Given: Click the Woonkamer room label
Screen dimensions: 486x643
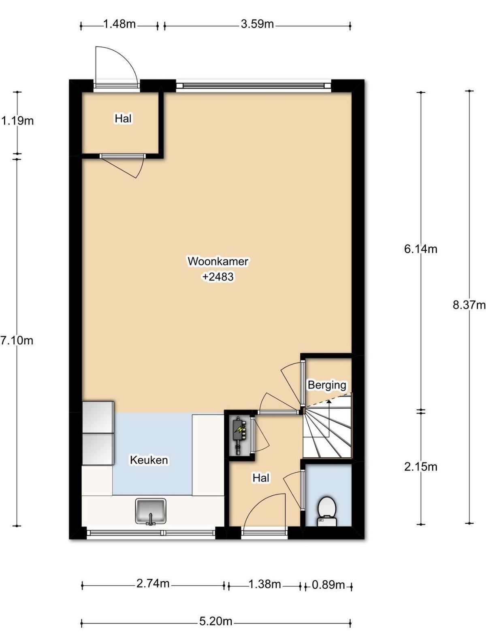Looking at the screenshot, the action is tap(218, 261).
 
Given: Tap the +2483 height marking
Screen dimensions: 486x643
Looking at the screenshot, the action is tap(218, 276).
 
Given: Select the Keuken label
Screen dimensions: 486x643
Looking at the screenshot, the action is tap(149, 460).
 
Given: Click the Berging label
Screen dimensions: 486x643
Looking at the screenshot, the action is tap(327, 385).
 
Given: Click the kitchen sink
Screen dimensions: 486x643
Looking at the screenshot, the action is tap(150, 511).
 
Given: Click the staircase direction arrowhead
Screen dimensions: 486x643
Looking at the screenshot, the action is tap(329, 401).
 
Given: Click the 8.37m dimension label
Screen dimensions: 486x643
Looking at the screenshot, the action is tap(469, 305).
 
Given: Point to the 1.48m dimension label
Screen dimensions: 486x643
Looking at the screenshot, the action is tap(119, 24).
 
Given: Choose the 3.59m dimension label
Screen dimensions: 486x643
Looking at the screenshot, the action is tap(257, 24).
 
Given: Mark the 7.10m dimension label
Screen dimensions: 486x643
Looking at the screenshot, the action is tap(17, 340).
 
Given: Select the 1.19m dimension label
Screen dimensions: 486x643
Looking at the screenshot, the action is tap(17, 121).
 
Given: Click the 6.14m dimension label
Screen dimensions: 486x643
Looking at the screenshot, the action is tap(421, 249).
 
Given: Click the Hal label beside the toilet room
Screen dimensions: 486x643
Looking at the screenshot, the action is tap(260, 478).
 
